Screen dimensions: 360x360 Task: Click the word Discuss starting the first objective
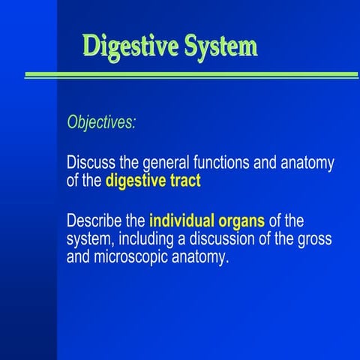[x=90, y=163]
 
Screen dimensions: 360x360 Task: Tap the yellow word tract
[x=184, y=180]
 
